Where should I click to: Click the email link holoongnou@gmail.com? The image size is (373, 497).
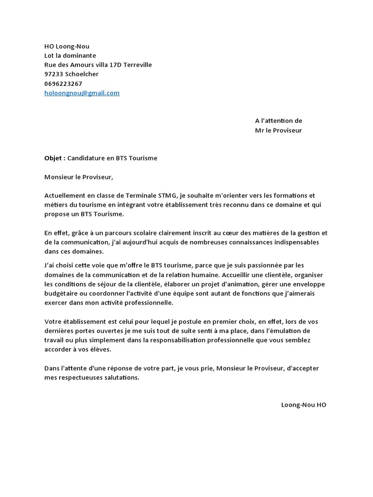tap(82, 93)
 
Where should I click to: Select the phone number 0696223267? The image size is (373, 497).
tap(63, 83)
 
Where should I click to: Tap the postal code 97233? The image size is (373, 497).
tap(54, 74)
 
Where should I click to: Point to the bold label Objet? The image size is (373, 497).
tap(53, 158)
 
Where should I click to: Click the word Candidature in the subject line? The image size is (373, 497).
tap(86, 158)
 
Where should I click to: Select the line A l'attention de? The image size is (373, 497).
tap(278, 121)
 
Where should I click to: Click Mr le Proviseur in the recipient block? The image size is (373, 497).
tap(278, 131)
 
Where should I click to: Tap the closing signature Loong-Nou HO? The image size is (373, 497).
tap(304, 405)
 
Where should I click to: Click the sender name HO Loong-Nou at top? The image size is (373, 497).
tap(67, 46)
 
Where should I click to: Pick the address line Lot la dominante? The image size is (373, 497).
tap(70, 55)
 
